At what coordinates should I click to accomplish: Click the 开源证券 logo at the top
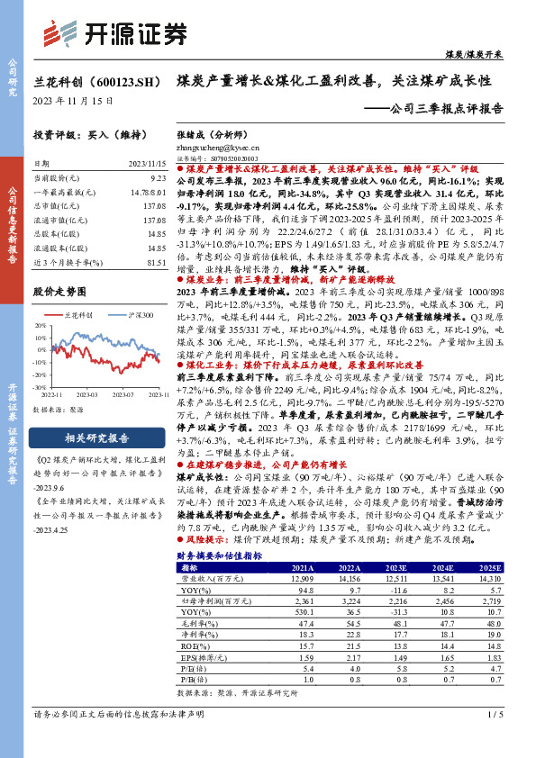(x=116, y=33)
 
